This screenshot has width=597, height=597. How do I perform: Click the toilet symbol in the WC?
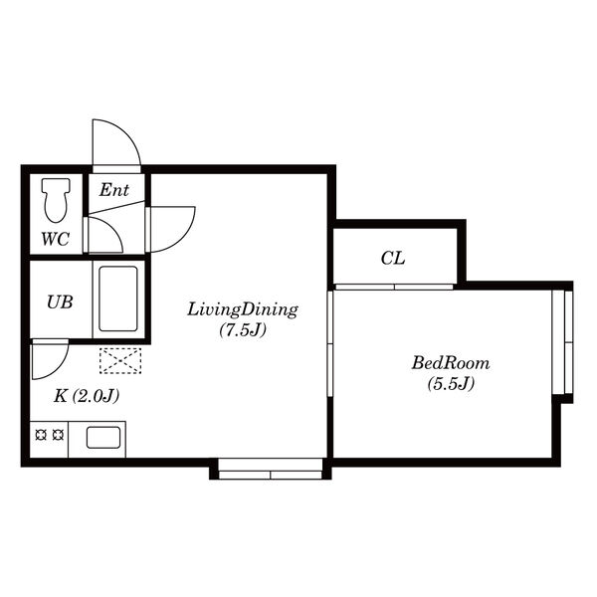click(x=56, y=200)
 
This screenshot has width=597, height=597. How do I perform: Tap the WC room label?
click(x=55, y=239)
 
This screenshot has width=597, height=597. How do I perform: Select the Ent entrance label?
click(x=113, y=190)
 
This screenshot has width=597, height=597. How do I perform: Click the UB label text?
click(x=60, y=302)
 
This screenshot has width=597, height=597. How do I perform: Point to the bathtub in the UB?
click(x=118, y=298)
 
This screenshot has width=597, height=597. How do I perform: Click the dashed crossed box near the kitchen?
click(x=120, y=360)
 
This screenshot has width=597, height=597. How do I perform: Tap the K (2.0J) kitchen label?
click(x=87, y=396)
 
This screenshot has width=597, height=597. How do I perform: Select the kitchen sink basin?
click(x=103, y=438)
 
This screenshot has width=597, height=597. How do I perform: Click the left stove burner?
click(x=41, y=435)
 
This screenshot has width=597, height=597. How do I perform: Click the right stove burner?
click(x=58, y=435)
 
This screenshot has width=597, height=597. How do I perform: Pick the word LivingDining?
click(x=243, y=309)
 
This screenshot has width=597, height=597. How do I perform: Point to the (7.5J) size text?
click(x=243, y=330)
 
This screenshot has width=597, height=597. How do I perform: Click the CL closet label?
click(x=393, y=259)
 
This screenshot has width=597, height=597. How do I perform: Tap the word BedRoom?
click(x=451, y=363)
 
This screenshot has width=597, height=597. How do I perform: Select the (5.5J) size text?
click(x=451, y=383)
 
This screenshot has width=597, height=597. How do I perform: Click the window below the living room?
click(x=271, y=469)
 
